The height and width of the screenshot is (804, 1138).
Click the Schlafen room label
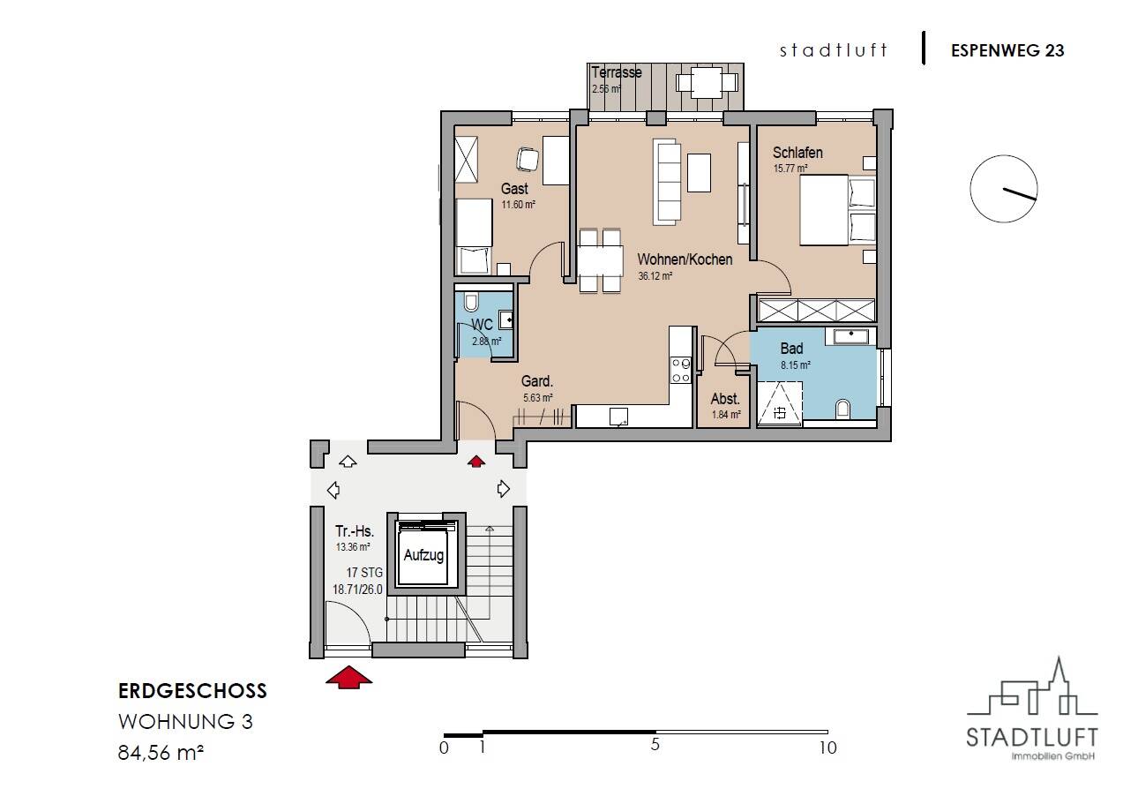point(797,153)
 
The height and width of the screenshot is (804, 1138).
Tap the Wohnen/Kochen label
point(685,259)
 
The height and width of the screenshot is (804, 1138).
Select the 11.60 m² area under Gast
point(518,205)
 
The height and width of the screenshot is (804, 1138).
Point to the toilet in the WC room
point(471,302)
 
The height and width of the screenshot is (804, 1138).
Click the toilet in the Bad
point(842,409)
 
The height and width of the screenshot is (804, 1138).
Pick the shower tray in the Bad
point(780,402)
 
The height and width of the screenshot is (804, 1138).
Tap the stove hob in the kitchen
point(681,370)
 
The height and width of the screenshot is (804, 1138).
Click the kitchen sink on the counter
point(618,417)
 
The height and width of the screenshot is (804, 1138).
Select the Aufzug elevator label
point(423,555)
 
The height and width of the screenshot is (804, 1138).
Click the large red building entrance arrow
point(349,678)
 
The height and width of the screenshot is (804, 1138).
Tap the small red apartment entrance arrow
point(476,462)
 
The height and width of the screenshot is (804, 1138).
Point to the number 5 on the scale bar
point(655,745)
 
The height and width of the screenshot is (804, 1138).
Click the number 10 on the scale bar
point(828,748)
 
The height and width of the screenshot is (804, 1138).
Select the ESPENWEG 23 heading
point(1007,51)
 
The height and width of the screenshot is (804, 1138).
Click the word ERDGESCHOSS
point(192,691)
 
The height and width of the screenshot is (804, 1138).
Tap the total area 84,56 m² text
point(161,752)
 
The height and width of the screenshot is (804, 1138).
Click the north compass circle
point(1004,189)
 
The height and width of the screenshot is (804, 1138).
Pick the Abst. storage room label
point(725,398)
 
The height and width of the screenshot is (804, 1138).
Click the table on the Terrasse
point(707,82)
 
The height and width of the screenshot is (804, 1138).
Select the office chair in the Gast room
point(528,159)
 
